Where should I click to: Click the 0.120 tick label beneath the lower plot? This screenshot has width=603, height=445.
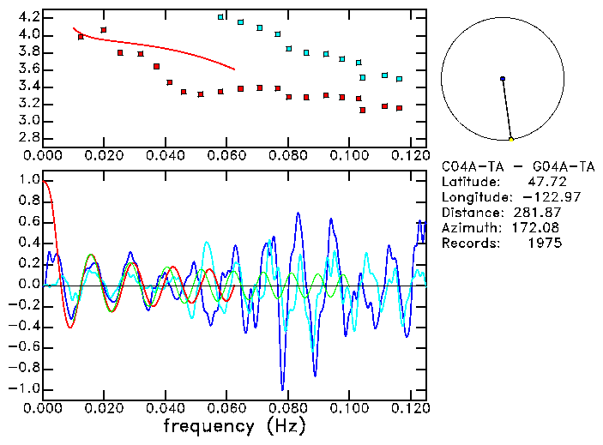pyautogui.click(x=410, y=409)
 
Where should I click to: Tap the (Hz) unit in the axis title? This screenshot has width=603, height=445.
pyautogui.click(x=284, y=425)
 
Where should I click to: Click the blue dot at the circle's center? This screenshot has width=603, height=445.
pyautogui.click(x=503, y=79)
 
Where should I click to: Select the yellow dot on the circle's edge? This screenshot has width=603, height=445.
pyautogui.click(x=510, y=139)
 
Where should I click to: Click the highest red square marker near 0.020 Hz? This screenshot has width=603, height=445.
pyautogui.click(x=104, y=30)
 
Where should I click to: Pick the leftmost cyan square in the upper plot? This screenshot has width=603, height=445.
pyautogui.click(x=220, y=17)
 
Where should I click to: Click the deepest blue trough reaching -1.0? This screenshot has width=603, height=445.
pyautogui.click(x=282, y=388)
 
